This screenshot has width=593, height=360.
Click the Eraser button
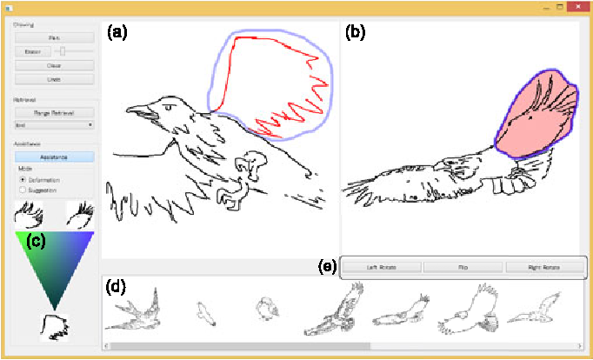[29, 52]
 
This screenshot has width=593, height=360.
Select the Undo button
[53, 79]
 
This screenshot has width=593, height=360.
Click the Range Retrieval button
[53, 113]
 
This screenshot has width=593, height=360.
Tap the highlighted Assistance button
[53, 157]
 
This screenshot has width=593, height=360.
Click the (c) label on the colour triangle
[35, 241]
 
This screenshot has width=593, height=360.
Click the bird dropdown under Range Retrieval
[53, 125]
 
